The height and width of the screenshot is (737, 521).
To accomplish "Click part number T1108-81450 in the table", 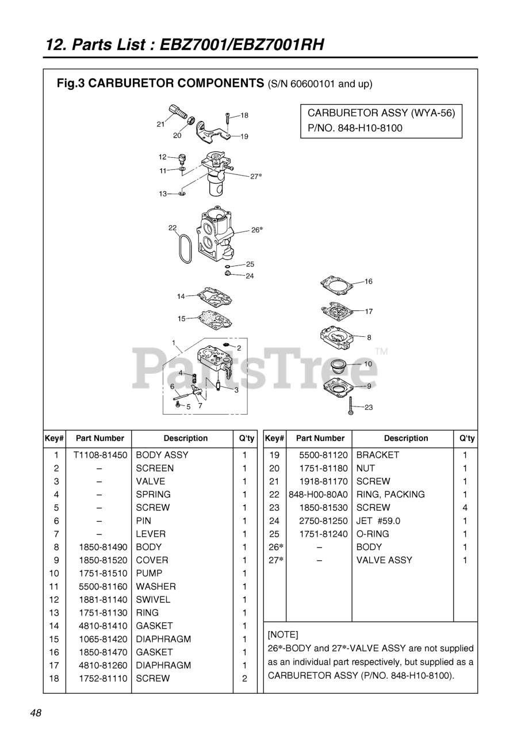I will [100, 455].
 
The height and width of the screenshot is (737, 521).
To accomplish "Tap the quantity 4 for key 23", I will [465, 507].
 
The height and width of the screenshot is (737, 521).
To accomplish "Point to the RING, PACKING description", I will [390, 494].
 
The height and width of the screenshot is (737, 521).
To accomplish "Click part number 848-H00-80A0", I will [318, 494].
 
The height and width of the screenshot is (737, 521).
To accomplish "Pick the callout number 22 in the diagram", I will [172, 228].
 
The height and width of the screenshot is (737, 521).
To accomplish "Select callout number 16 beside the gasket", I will [368, 282].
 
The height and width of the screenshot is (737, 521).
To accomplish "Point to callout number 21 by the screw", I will [160, 124].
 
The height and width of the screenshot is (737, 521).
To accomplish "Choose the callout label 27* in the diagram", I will [256, 176].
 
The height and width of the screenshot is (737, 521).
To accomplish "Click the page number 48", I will [36, 713].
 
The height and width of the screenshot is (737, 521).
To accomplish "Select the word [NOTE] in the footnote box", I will [283, 635].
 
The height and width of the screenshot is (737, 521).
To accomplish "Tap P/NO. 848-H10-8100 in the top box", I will [351, 128].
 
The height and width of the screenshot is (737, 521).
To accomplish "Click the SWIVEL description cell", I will [153, 599].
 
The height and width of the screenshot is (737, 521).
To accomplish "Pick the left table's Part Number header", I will [100, 438].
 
